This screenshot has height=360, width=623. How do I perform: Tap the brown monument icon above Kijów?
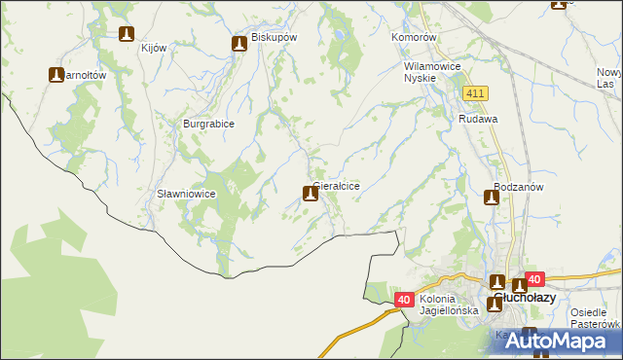point(126,35)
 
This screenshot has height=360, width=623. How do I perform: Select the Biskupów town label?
point(274,37)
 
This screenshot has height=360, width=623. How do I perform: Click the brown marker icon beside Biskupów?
point(239,44)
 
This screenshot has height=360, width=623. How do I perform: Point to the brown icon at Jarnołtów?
point(57,74)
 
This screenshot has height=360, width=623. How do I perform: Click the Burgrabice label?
point(209,124)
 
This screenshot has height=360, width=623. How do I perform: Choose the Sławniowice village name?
point(186,194)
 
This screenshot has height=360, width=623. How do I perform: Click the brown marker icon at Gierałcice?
point(311,194)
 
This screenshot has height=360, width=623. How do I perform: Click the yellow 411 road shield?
point(475,92)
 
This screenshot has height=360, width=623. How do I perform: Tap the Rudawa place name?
point(479,119)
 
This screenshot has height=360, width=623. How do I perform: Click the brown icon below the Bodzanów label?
point(493,198)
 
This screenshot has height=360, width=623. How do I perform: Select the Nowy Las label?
point(609,79)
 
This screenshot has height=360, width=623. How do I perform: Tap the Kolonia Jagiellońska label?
point(450,305)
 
